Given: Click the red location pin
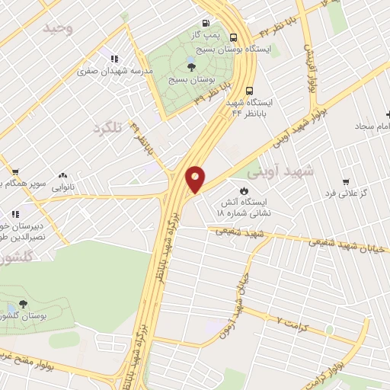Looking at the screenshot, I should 195,178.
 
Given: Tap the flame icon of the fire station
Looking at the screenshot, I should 245,190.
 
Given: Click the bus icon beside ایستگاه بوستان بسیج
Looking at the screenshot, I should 233,36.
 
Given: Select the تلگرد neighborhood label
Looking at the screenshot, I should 107,127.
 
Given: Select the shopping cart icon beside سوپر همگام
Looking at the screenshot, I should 14,172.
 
